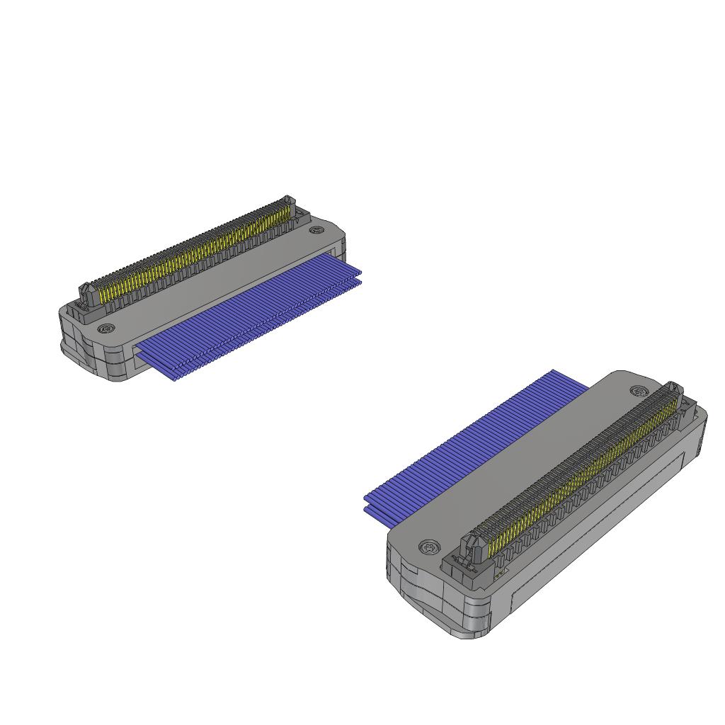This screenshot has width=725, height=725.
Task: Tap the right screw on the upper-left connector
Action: pos(316,230)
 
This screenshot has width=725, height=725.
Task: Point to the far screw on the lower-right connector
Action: pos(639,392)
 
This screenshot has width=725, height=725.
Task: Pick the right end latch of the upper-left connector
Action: pos(287,205)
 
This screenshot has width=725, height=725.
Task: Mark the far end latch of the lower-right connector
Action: pos(673,392)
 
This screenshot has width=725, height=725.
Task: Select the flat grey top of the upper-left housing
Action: pos(212,283)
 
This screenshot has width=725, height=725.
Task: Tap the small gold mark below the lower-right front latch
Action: pos(499,574)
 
